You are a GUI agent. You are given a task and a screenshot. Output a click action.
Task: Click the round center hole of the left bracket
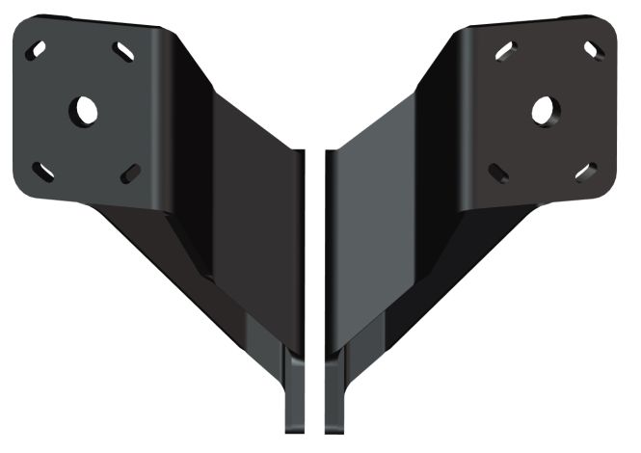pos(85,109)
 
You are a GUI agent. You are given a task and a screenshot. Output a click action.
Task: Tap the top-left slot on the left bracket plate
pos(39,47)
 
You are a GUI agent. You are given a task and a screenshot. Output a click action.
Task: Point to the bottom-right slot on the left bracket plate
pos(130,173)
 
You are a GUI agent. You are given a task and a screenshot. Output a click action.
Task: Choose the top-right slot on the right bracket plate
pos(592,47)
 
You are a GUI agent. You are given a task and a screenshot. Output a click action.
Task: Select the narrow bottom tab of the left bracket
pos(295,395)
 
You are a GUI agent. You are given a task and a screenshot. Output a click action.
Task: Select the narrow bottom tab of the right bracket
pos(334,395)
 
